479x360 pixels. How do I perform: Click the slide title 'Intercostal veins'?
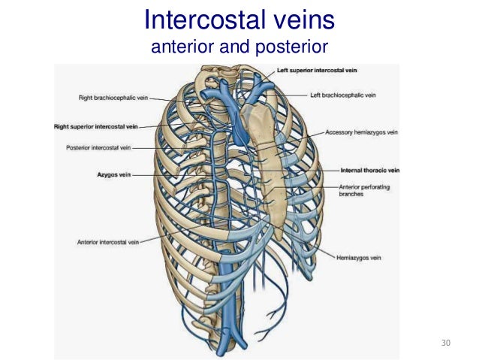[239, 18]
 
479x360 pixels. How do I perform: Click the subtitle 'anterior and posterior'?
[239, 47]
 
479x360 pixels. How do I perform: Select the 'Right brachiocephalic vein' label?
[110, 97]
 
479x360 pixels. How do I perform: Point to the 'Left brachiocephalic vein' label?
[344, 95]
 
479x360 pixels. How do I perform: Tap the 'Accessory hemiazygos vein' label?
[361, 132]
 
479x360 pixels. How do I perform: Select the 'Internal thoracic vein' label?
[369, 170]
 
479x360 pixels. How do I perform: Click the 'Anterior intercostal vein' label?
[107, 242]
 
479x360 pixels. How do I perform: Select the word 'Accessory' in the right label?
[339, 132]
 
